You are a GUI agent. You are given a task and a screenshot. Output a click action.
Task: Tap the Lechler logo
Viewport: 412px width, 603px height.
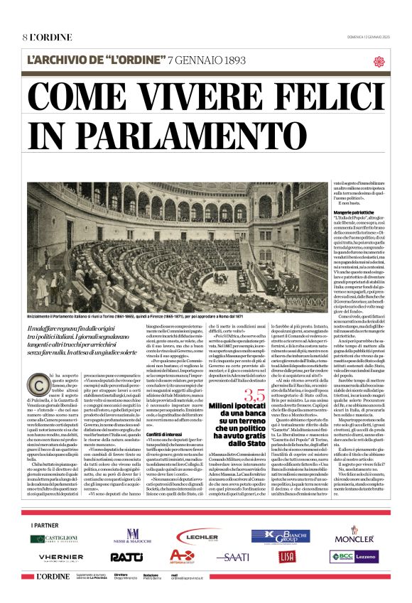[198, 538]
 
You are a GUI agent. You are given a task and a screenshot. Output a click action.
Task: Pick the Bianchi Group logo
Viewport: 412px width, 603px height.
[280, 536]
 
